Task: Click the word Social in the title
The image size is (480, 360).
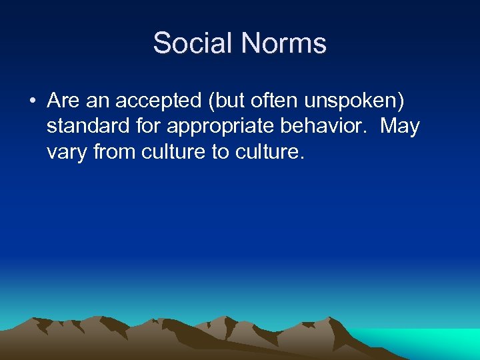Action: pyautogui.click(x=193, y=44)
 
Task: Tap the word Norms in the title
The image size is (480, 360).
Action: pyautogui.click(x=284, y=44)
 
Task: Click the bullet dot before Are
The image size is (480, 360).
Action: pyautogui.click(x=31, y=101)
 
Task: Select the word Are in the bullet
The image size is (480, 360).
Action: pyautogui.click(x=64, y=101)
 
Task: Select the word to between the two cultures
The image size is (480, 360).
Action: pyautogui.click(x=220, y=153)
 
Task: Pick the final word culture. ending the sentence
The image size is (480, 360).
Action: pyautogui.click(x=269, y=153)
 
